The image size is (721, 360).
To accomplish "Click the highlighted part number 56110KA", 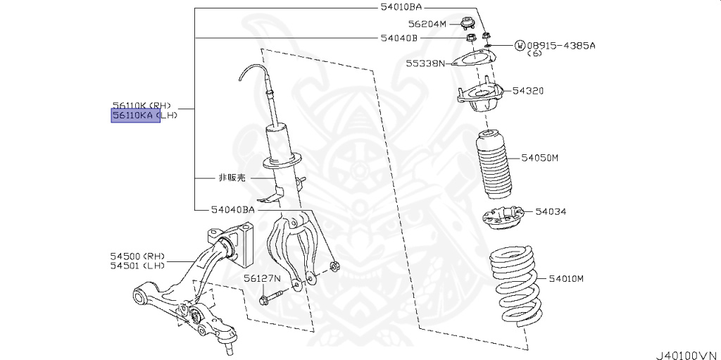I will pyautogui.click(x=136, y=116).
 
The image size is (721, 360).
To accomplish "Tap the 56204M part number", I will pyautogui.click(x=429, y=23).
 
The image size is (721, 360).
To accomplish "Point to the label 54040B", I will pyautogui.click(x=399, y=37).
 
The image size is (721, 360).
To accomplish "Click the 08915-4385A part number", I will pyautogui.click(x=560, y=45).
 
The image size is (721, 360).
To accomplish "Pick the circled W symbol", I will pyautogui.click(x=520, y=46).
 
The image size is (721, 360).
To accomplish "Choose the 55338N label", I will pyautogui.click(x=425, y=63).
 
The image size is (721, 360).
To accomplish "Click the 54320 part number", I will pyautogui.click(x=527, y=91).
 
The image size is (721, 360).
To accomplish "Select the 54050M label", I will pyautogui.click(x=539, y=158).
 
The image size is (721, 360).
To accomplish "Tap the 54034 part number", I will pyautogui.click(x=551, y=211).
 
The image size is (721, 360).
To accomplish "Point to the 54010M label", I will pyautogui.click(x=566, y=279).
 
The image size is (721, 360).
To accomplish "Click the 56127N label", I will pyautogui.click(x=262, y=278).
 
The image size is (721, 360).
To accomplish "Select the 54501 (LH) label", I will pyautogui.click(x=137, y=266).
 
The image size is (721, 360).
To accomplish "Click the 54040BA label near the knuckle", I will pyautogui.click(x=232, y=209).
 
